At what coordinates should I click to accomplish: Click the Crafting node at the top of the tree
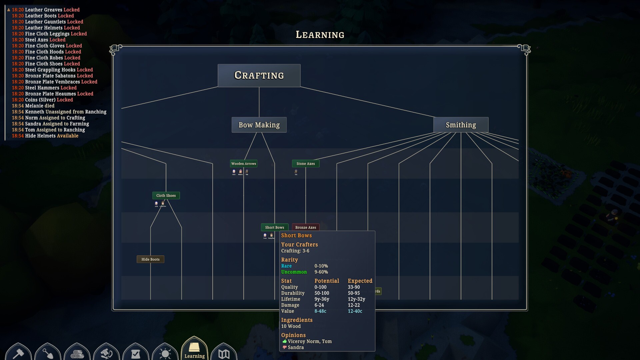pyautogui.click(x=259, y=75)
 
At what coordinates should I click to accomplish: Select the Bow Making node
pyautogui.click(x=259, y=125)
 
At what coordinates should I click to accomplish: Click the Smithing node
pyautogui.click(x=461, y=125)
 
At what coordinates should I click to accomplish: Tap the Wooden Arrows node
pyautogui.click(x=244, y=164)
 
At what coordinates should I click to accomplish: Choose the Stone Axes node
pyautogui.click(x=306, y=164)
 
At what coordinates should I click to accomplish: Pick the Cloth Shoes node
pyautogui.click(x=166, y=196)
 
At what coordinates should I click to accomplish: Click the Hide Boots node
pyautogui.click(x=150, y=259)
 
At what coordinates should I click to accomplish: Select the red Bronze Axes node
pyautogui.click(x=306, y=227)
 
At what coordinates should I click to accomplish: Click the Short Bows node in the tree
pyautogui.click(x=274, y=227)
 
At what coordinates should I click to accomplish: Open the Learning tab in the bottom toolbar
pyautogui.click(x=194, y=350)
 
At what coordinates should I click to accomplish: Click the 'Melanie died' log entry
pyautogui.click(x=40, y=106)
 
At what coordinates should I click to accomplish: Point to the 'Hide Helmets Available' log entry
pyautogui.click(x=52, y=136)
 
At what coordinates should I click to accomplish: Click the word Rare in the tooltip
pyautogui.click(x=286, y=266)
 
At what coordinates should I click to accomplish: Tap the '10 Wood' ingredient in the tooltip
pyautogui.click(x=291, y=326)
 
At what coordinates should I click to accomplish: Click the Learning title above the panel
pyautogui.click(x=320, y=35)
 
